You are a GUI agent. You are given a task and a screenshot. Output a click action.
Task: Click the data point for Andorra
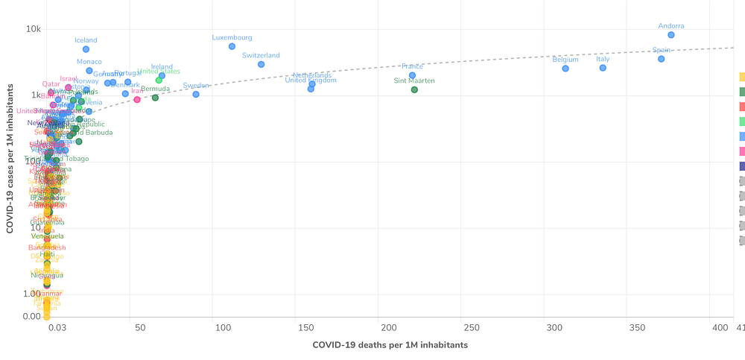[671, 35]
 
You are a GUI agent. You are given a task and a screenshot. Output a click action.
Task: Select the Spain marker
[661, 59]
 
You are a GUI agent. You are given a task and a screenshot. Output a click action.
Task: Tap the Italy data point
[603, 68]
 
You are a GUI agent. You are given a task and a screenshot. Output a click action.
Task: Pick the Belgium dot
[565, 69]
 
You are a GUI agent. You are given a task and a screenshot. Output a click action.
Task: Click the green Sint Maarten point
[414, 89]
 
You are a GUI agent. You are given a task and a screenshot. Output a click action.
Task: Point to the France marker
[412, 75]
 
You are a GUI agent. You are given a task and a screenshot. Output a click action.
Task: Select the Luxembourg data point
[232, 46]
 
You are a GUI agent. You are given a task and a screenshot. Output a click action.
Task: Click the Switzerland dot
[261, 64]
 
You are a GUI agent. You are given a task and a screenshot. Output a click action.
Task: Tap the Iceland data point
[86, 49]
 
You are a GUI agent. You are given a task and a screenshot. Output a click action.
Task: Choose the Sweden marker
[196, 95]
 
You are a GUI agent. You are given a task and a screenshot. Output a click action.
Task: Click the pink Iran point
[137, 99]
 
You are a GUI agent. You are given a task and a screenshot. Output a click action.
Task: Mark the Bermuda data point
[155, 98]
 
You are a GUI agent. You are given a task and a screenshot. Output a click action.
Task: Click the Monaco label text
[89, 62]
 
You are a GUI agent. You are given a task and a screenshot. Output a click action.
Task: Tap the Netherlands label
[311, 75]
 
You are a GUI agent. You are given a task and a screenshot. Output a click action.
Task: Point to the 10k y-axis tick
[34, 29]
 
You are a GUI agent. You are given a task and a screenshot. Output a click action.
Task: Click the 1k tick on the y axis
[36, 95]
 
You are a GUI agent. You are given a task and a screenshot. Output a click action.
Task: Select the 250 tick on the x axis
[471, 328]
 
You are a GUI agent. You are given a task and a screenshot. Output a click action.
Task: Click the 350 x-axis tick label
[636, 328]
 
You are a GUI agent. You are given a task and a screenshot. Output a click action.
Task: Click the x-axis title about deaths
[390, 345]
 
